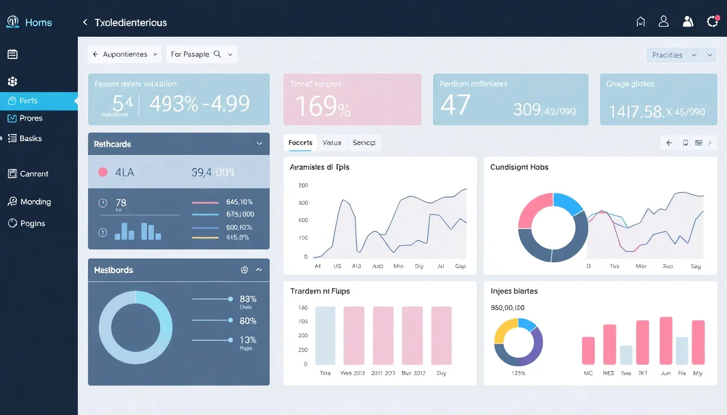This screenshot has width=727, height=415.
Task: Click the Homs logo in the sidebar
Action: (x=12, y=22)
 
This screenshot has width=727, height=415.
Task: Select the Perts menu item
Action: (x=29, y=101)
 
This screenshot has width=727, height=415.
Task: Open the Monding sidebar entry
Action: (x=35, y=202)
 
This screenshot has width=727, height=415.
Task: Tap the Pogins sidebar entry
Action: (x=32, y=223)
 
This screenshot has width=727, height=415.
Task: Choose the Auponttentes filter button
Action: (x=124, y=55)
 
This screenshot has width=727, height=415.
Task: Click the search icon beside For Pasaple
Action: (x=217, y=54)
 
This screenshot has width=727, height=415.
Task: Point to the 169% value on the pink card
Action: (x=323, y=106)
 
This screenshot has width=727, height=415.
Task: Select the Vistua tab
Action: (x=332, y=143)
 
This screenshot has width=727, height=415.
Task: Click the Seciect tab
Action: (x=364, y=143)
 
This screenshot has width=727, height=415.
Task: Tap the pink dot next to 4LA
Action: (x=103, y=172)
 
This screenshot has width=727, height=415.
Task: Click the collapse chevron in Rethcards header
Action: (x=259, y=144)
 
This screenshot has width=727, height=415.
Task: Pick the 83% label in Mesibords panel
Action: (x=248, y=299)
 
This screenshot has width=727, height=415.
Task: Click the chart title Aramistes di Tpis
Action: (x=319, y=168)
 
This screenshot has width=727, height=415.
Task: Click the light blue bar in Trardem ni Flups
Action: (x=325, y=335)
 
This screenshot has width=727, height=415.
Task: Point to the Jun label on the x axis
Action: (x=666, y=373)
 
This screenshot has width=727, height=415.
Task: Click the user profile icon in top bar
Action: (x=664, y=22)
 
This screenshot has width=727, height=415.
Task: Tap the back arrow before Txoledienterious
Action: (x=85, y=22)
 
